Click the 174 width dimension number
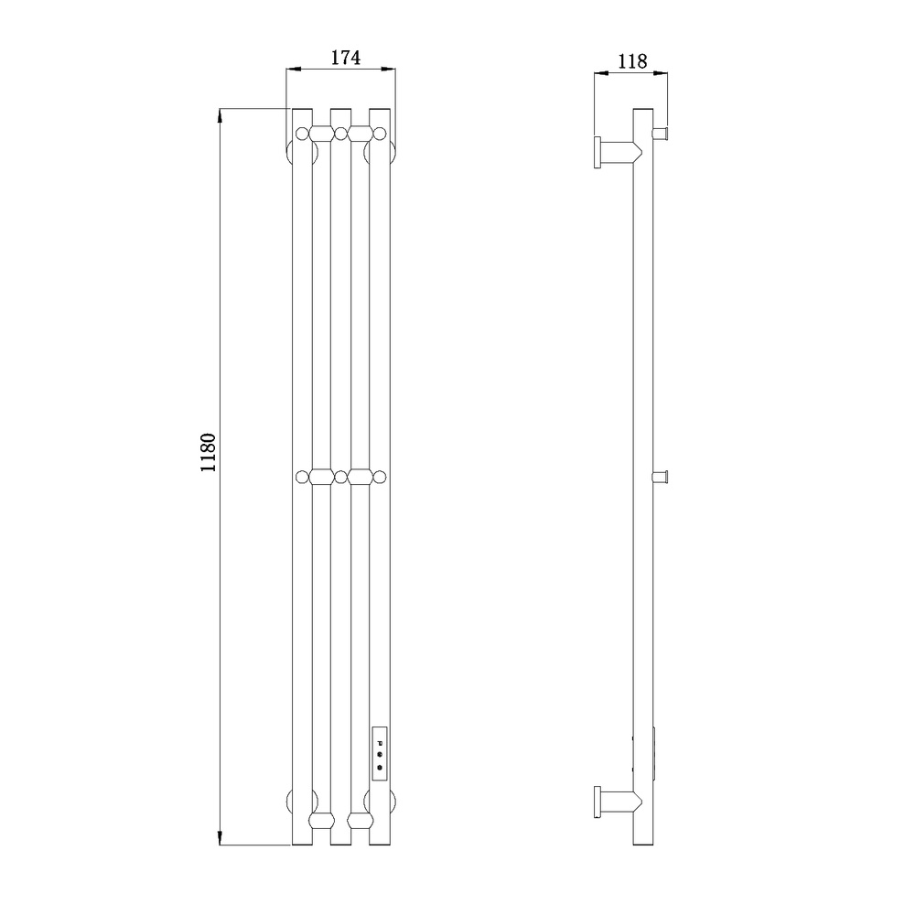pos(346,57)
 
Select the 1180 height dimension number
pos(209,453)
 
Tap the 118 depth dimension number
pos(632,60)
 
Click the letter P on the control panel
pos(380,743)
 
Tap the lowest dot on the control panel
pos(380,768)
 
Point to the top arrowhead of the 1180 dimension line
pos(220,115)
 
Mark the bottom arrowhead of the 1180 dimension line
pos(220,838)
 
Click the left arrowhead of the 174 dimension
pos(293,70)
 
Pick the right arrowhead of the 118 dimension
pos(661,73)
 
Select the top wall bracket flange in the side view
pos(597,152)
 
